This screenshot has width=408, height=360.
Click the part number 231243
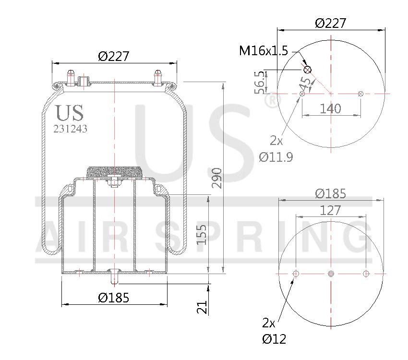pos(70,129)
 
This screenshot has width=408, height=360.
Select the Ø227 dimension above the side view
pos(114,56)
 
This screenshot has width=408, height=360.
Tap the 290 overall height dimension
pos(216,178)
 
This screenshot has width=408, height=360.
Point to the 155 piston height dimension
pos(202,234)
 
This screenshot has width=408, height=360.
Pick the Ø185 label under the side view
pos(114,298)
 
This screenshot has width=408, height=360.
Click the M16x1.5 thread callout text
pos(264,51)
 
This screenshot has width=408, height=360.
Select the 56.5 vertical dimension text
pos(259,82)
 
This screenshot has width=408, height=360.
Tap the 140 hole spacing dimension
pos(330,108)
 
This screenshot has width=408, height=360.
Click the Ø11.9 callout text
pos(276,156)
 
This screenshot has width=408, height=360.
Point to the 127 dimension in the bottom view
pos(331,210)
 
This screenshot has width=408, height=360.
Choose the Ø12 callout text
pos(274,339)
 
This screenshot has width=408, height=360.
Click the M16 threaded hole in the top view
pos(308,70)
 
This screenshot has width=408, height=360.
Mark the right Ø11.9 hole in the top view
pos(360,94)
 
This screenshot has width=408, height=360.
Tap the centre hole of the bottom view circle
pos(330,274)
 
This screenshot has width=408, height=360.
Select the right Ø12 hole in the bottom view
pos(366,274)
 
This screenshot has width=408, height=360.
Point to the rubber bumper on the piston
pos(114,172)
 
